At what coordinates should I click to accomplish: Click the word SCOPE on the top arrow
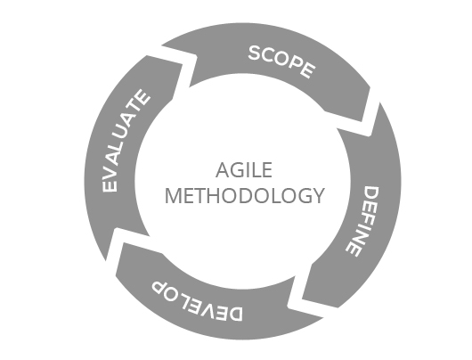point(282,61)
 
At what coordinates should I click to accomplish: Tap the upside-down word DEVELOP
point(197,302)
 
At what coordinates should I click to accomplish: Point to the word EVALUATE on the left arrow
point(126,141)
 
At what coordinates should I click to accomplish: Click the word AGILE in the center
point(244,170)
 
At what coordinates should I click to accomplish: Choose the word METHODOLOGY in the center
point(244,195)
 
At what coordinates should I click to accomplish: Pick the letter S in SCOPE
point(256,53)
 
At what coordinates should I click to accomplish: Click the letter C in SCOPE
point(269,56)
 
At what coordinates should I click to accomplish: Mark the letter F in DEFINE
point(366,221)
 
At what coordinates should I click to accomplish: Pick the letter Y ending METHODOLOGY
point(317,195)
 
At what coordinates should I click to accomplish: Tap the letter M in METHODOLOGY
point(173,195)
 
